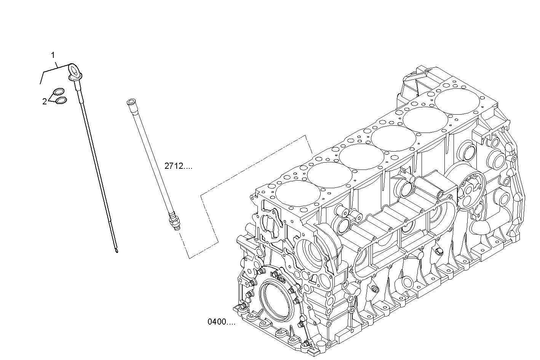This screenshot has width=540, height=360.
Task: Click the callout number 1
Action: [x=53, y=55]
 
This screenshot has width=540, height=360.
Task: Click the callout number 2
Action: [x=44, y=101]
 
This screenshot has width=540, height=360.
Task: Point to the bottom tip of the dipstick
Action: [x=117, y=252]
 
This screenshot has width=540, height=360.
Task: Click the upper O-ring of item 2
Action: [x=59, y=91]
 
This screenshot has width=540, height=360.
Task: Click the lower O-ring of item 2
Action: [x=61, y=101]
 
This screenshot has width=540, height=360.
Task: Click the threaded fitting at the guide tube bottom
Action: [x=174, y=221]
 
